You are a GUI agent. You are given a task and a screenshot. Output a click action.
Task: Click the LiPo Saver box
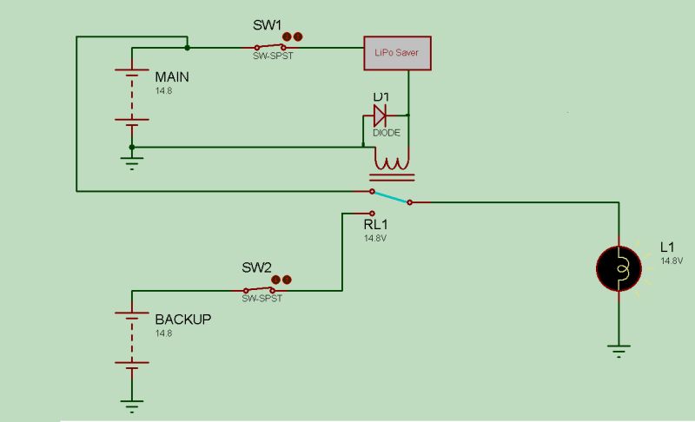(x=396, y=53)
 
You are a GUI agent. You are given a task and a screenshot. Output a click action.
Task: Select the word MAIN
(x=171, y=76)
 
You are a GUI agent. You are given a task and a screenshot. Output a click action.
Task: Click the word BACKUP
(x=182, y=319)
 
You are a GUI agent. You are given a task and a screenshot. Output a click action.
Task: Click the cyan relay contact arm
(x=392, y=196)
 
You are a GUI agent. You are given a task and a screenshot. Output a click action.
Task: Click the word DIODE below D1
(x=387, y=132)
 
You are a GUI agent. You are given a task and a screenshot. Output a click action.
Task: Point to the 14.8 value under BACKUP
(x=163, y=333)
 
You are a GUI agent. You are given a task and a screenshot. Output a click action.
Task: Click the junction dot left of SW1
(x=187, y=48)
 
